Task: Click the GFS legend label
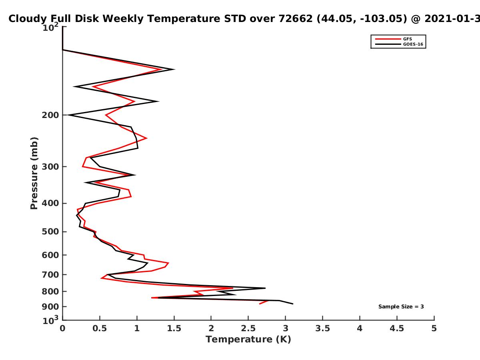pyautogui.click(x=407, y=39)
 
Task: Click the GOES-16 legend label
pyautogui.click(x=413, y=44)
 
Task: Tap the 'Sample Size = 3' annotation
pyautogui.click(x=401, y=306)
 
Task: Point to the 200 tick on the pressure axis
pyautogui.click(x=50, y=115)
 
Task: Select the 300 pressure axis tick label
pyautogui.click(x=50, y=166)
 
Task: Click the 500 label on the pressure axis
pyautogui.click(x=50, y=232)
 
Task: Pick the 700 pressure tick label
pyautogui.click(x=50, y=274)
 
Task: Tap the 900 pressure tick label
pyautogui.click(x=50, y=307)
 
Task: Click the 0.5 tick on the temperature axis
pyautogui.click(x=100, y=328)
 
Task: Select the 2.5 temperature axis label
pyautogui.click(x=248, y=328)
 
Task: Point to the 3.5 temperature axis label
pyautogui.click(x=322, y=328)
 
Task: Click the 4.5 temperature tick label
pyautogui.click(x=397, y=328)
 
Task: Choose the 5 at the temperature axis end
pyautogui.click(x=434, y=328)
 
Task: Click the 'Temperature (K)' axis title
pyautogui.click(x=248, y=340)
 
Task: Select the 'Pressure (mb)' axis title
pyautogui.click(x=34, y=173)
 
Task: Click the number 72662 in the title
pyautogui.click(x=296, y=18)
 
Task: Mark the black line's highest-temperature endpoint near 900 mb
pyautogui.click(x=293, y=304)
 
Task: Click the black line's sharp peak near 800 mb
pyautogui.click(x=265, y=288)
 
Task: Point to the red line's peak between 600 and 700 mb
pyautogui.click(x=168, y=263)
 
